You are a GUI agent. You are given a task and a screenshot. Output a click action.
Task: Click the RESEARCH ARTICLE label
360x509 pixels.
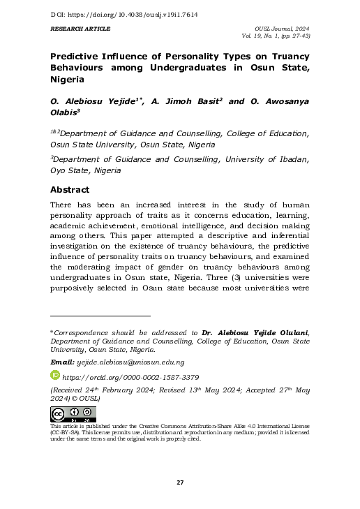80,29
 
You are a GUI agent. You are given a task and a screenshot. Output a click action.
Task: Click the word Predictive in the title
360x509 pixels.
77,56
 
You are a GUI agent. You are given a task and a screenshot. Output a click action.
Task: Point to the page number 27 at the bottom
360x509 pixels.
180,482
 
